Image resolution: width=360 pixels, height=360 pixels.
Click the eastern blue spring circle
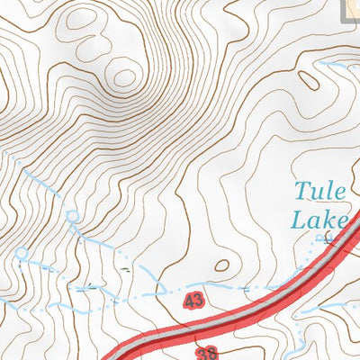pyautogui.click(x=72, y=215)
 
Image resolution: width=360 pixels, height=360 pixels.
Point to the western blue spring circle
pyautogui.click(x=20, y=254)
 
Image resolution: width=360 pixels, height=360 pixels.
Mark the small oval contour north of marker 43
pyautogui.click(x=221, y=265)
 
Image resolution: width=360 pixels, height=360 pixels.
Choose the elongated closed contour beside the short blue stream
pyautogui.click(x=309, y=80)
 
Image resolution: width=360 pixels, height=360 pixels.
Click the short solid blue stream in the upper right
pyautogui.click(x=337, y=67)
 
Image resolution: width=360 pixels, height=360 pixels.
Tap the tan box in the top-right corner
pyautogui.click(x=352, y=7)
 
